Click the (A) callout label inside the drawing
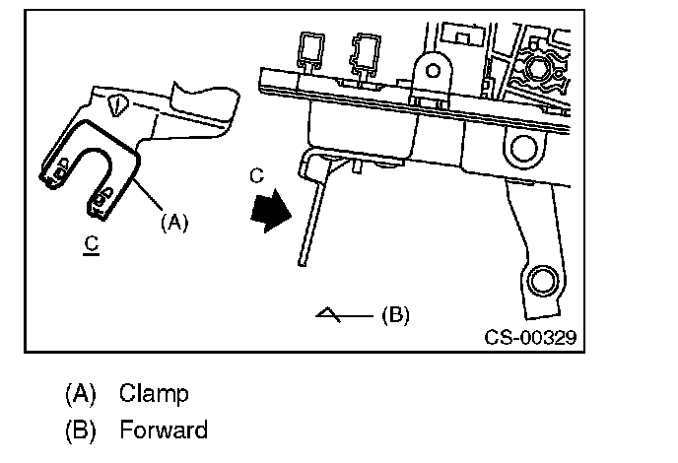pos(174,223)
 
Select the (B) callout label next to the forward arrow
pos(395,314)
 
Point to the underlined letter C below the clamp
pos(92,244)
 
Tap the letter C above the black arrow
pos(256,175)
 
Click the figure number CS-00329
pos(530,337)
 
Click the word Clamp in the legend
pos(154,393)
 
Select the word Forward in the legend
pos(164,430)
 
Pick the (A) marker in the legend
pos(81,394)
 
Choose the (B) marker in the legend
pos(81,430)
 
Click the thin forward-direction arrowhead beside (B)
pos(328,314)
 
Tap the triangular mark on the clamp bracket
pos(117,105)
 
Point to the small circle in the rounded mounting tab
pos(433,71)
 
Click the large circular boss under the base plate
pos(523,148)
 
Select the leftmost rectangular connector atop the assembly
pos(310,50)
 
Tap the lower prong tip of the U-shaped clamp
pos(98,211)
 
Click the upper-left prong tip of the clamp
pos(50,180)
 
